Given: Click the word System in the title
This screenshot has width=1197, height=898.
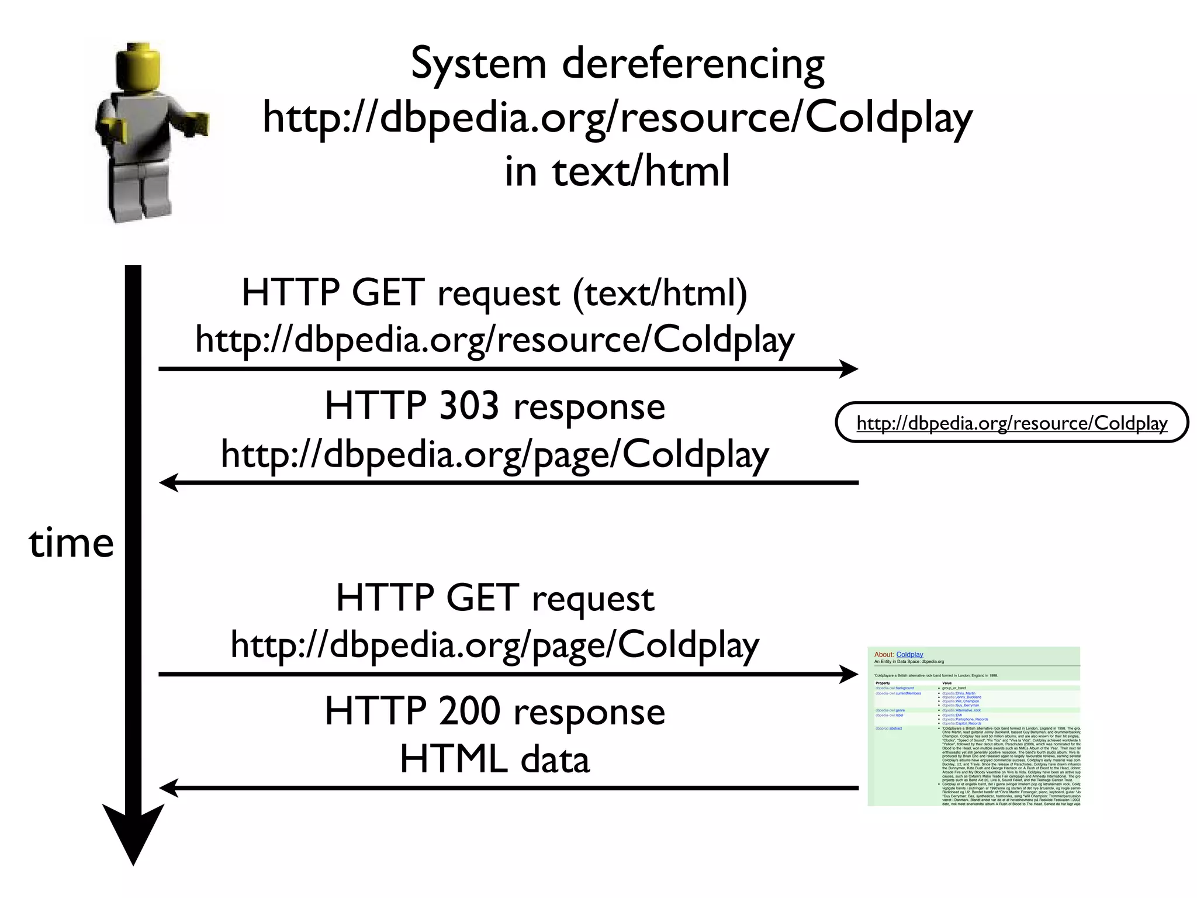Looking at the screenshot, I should (x=478, y=64).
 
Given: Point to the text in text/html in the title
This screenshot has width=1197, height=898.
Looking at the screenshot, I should (x=617, y=171).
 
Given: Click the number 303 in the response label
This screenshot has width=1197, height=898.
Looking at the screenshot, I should (x=469, y=406).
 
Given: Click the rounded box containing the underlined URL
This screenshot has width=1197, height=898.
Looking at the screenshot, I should (x=1012, y=423).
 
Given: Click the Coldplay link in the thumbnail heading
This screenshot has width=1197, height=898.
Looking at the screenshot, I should (x=909, y=654).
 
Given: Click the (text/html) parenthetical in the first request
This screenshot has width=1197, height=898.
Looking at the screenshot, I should (x=660, y=293).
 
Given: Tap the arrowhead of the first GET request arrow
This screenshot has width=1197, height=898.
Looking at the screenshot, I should (x=849, y=369).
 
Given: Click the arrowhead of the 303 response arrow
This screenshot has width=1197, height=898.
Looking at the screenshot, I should (x=168, y=483).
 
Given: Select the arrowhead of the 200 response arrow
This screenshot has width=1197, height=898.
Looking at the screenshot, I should (x=168, y=788).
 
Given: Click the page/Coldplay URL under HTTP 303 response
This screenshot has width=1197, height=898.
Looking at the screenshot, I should (x=494, y=455).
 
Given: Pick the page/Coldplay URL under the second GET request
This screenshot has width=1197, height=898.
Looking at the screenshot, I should (x=494, y=644).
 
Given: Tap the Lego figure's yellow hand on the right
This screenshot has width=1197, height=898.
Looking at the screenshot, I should (x=197, y=124).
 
